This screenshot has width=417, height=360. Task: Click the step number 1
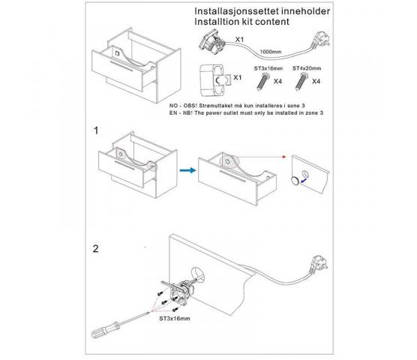[x=96, y=130]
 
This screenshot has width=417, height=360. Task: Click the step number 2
[x=96, y=248]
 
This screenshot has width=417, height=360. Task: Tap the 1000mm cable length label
[x=271, y=52]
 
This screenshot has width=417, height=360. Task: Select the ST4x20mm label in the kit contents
[x=307, y=68]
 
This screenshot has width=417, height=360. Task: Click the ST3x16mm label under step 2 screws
[x=175, y=318]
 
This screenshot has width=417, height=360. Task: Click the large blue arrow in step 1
[x=187, y=170]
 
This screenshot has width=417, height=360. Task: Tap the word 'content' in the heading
[x=272, y=22]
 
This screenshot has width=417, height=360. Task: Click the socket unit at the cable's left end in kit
[x=211, y=43]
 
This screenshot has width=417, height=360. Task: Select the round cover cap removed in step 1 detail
[x=295, y=181]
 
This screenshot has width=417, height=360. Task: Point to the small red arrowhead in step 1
[x=284, y=157]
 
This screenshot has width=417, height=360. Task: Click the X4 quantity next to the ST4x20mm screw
[x=316, y=81]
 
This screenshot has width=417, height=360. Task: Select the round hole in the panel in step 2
[x=198, y=274]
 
